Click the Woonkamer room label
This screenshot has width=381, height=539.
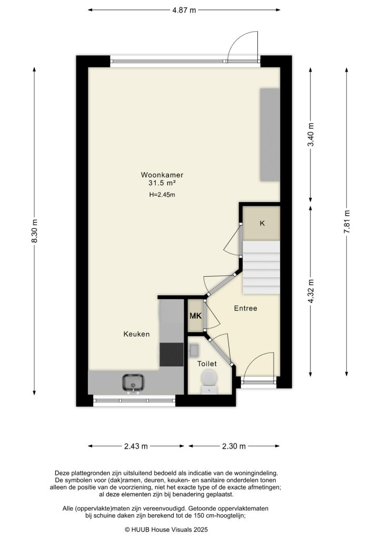point(162,175)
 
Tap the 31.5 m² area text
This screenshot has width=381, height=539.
point(162,183)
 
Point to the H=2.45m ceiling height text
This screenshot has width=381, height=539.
point(162,195)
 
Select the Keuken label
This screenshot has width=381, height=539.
point(137,334)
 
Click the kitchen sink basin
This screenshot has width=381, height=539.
point(134,381)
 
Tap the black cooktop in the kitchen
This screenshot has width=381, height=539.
point(171,354)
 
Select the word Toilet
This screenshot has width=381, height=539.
point(207,364)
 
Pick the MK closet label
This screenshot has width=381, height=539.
point(196,316)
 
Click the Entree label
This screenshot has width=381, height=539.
point(246,308)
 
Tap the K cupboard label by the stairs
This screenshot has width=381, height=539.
point(262,223)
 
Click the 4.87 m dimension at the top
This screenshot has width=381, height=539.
point(184,10)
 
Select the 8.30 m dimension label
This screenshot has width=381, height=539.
point(35,230)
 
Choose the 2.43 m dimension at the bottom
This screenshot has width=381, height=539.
point(136,446)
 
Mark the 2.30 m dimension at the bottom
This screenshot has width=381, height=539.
point(234,446)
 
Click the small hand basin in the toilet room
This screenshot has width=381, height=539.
point(194,349)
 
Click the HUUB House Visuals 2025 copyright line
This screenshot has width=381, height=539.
point(167,529)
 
